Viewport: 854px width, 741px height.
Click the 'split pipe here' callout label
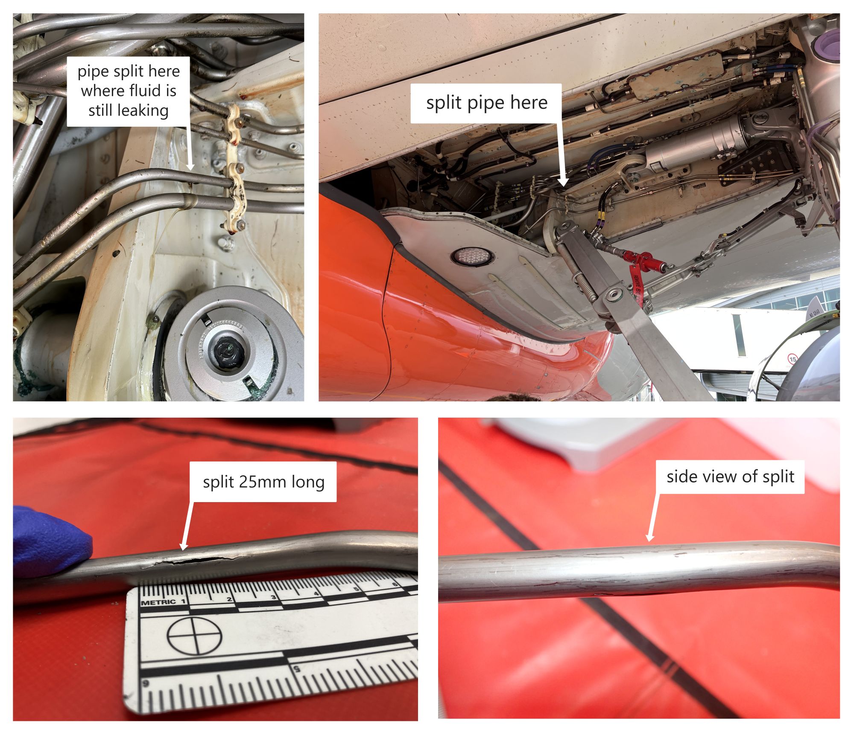486,103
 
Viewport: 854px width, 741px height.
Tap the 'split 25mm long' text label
263,482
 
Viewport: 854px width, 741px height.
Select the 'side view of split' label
730,477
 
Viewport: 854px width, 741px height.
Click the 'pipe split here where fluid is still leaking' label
128,91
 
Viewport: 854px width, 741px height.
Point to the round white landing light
472,257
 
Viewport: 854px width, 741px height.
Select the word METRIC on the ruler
158,602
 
